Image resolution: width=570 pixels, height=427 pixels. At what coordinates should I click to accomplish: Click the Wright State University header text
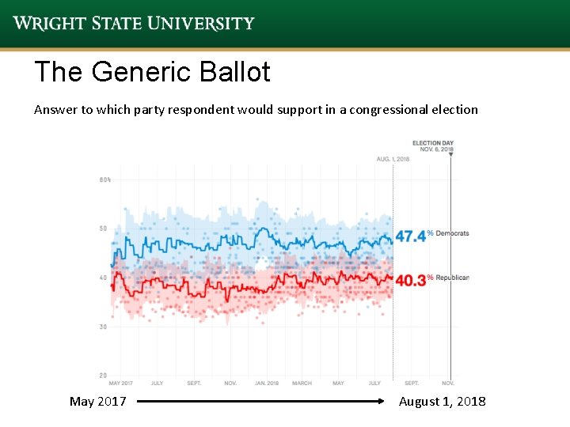[x=134, y=23]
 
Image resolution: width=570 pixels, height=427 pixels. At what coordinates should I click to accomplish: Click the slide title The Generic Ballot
[x=152, y=73]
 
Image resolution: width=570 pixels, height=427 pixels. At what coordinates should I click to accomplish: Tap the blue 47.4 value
[x=410, y=236]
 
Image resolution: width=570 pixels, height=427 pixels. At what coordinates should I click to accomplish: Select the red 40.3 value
[x=410, y=280]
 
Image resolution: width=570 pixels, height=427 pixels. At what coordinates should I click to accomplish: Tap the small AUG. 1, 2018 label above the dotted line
[x=393, y=160]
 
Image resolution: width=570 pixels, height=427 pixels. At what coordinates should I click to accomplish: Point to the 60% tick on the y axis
[x=104, y=180]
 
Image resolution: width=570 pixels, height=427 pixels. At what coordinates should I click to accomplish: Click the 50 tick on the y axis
[x=103, y=229]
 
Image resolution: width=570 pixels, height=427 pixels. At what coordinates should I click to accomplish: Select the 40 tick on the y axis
[x=103, y=278]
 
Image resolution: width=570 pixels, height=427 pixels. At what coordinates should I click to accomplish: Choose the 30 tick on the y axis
[x=103, y=327]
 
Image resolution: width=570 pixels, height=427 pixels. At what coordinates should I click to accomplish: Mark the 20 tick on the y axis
[x=103, y=375]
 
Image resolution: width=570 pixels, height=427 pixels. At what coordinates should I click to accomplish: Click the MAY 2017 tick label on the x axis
[x=121, y=384]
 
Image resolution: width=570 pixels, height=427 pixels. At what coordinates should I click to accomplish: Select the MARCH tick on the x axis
[x=302, y=384]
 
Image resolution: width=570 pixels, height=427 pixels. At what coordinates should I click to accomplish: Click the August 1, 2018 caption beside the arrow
[x=442, y=402]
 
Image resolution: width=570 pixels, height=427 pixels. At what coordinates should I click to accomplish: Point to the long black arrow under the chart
[x=261, y=402]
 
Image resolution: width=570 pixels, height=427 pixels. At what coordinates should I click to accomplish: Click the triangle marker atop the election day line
[x=450, y=155]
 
